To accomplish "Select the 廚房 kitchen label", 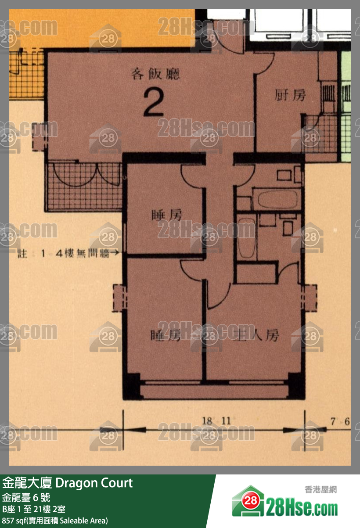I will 290,95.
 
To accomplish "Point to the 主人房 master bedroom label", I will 258,336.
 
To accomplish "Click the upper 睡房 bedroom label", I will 166,215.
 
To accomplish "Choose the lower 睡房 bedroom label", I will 166,336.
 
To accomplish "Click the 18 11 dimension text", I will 216,421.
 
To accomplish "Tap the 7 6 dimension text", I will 340,422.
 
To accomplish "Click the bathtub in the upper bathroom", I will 277,200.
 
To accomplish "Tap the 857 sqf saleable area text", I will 55,521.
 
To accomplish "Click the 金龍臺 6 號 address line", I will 26,497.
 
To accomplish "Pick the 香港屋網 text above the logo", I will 320,489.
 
